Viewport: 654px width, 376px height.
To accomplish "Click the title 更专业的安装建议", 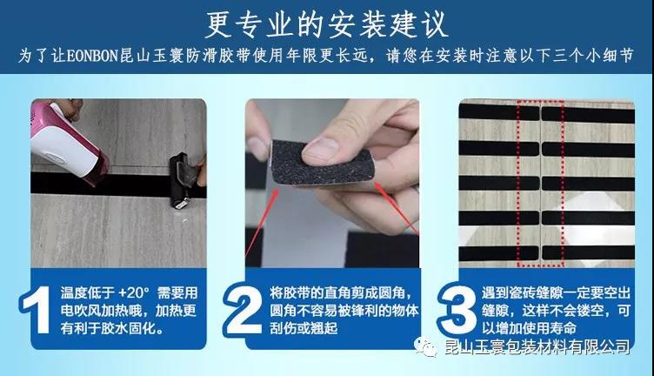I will (327, 22).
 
